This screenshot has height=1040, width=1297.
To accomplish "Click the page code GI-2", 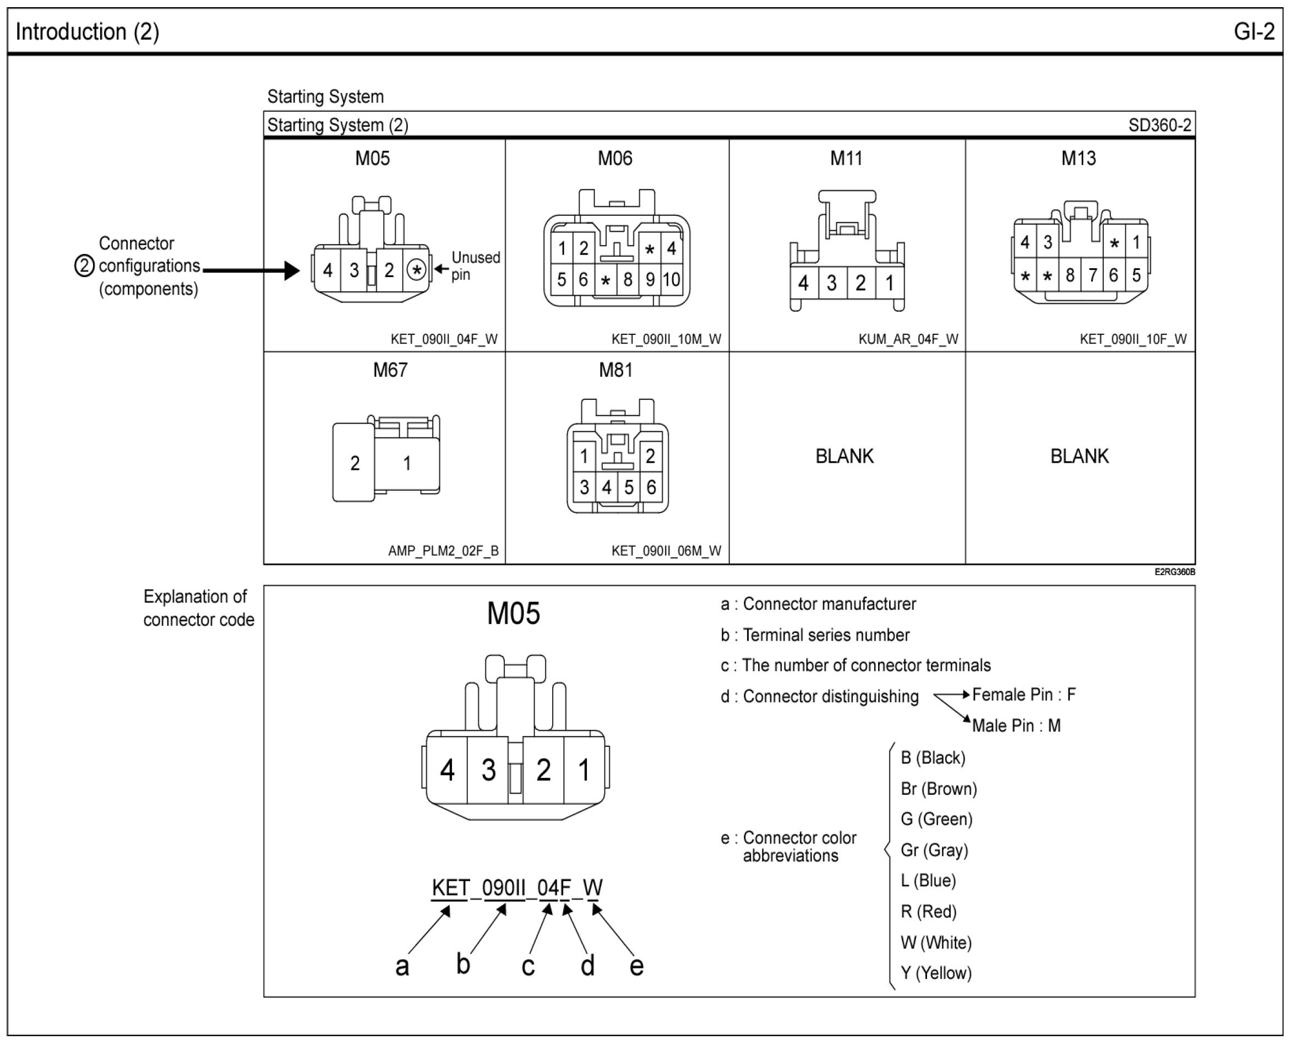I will click(1254, 31).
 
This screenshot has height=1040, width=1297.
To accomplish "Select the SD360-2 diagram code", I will click(1159, 125).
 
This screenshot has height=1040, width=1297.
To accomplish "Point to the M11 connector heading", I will click(846, 158).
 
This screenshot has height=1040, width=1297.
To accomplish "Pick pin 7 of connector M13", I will click(1092, 275).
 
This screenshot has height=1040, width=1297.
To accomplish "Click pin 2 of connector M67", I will click(355, 463).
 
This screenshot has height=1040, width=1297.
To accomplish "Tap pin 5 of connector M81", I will click(629, 487).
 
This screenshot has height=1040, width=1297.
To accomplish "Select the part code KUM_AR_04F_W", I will click(908, 339).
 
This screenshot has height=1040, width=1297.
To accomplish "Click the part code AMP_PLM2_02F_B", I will click(443, 551).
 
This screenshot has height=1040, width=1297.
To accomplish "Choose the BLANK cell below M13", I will click(1079, 456).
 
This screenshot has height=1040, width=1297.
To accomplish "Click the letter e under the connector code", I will click(636, 966).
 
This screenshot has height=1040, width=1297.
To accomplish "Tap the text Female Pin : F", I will click(1024, 695).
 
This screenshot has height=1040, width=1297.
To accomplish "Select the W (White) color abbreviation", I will click(936, 942).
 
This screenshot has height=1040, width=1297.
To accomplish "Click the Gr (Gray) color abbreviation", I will click(934, 850).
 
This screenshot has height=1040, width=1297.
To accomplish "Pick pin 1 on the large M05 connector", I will click(584, 770).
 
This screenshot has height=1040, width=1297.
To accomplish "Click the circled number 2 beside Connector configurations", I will click(84, 266).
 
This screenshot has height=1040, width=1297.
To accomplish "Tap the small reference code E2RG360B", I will click(1174, 572).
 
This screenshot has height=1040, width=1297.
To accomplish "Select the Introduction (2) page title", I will click(87, 31).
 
